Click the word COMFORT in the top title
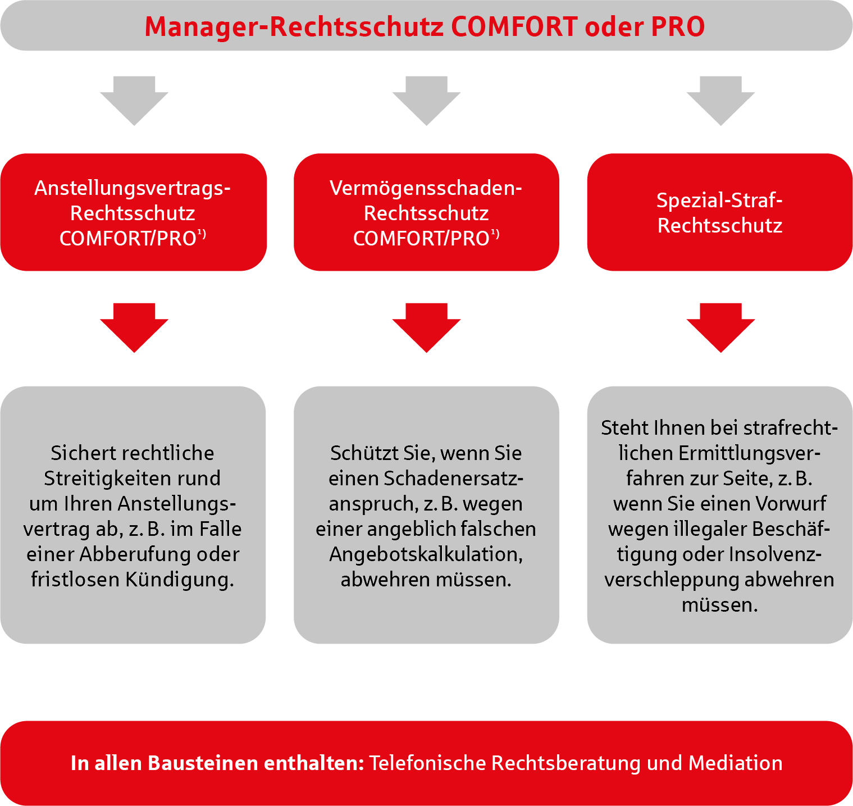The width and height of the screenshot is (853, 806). [x=514, y=26]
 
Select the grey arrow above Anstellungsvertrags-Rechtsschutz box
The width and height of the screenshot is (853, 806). [x=134, y=101]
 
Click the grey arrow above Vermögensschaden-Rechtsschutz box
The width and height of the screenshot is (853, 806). [x=427, y=101]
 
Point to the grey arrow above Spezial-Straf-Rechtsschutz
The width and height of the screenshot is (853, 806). [x=720, y=101]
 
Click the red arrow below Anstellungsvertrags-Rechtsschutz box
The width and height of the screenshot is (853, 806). [x=134, y=328]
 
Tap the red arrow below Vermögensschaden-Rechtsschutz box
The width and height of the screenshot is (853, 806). [x=427, y=328]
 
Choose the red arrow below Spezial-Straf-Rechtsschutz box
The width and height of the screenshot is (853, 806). [x=720, y=328]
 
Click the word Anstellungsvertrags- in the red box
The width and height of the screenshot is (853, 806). [x=133, y=189]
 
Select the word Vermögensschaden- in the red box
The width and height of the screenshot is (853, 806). [x=426, y=189]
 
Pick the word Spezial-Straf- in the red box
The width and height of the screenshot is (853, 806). [x=719, y=200]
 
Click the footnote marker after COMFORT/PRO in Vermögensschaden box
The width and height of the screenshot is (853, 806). [x=495, y=234]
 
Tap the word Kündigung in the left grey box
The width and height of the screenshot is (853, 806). [x=180, y=580]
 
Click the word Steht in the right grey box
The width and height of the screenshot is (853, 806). [x=624, y=429]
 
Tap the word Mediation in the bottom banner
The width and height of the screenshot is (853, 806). [x=735, y=763]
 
